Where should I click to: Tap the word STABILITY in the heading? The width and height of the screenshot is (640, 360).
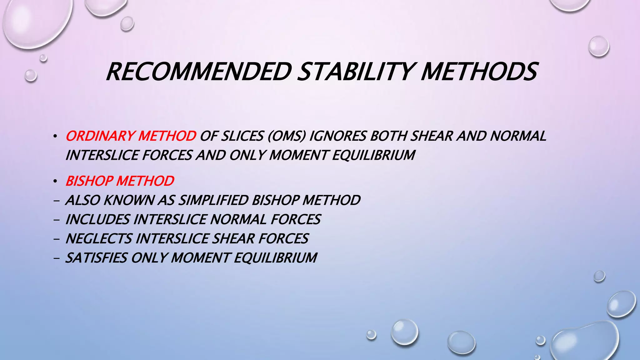[356, 72]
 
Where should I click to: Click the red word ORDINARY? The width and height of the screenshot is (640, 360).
[100, 136]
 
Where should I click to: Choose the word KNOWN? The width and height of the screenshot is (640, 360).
[128, 200]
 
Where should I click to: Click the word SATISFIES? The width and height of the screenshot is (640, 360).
[96, 258]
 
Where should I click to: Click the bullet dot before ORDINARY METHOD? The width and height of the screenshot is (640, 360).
[55, 137]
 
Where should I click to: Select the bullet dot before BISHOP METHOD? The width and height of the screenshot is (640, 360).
[55, 181]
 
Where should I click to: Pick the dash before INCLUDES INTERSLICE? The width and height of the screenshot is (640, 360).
[56, 220]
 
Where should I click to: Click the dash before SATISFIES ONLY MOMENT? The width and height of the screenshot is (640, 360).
[56, 258]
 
